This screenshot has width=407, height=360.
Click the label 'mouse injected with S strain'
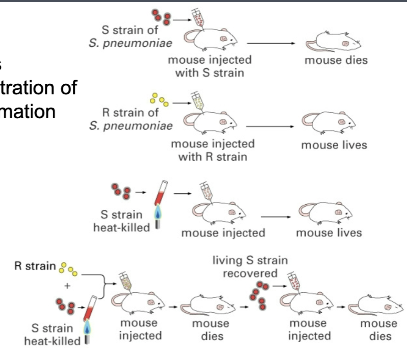209,66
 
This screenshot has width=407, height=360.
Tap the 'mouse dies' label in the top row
336,60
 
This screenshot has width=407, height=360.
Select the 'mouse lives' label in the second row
334,145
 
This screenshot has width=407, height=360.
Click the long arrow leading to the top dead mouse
270,43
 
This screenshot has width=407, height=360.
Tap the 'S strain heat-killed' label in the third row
121,221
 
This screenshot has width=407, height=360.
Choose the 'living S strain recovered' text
250,267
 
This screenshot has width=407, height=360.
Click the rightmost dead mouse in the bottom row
377,305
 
